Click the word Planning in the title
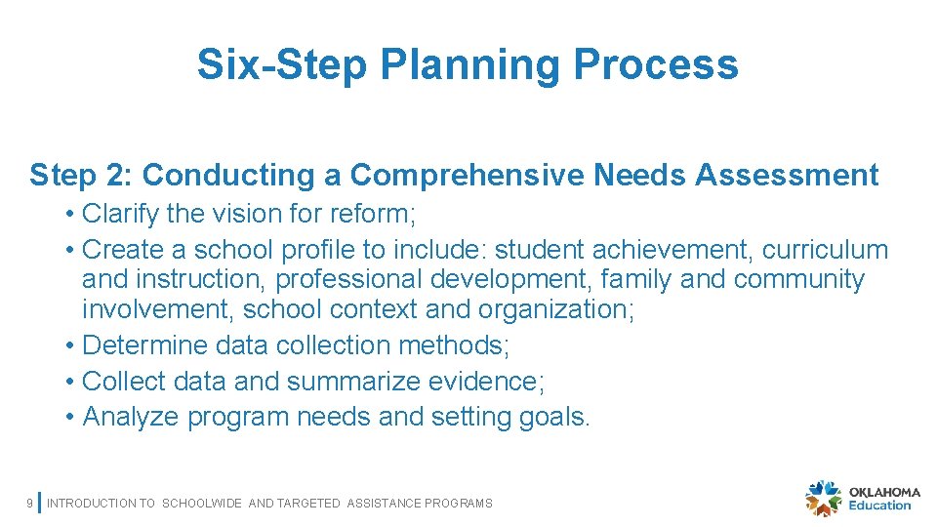click(x=470, y=65)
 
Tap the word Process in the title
click(x=656, y=65)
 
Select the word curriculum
click(x=825, y=250)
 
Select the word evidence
click(x=488, y=382)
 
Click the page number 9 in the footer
click(x=29, y=504)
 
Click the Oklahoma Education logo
click(x=859, y=498)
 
